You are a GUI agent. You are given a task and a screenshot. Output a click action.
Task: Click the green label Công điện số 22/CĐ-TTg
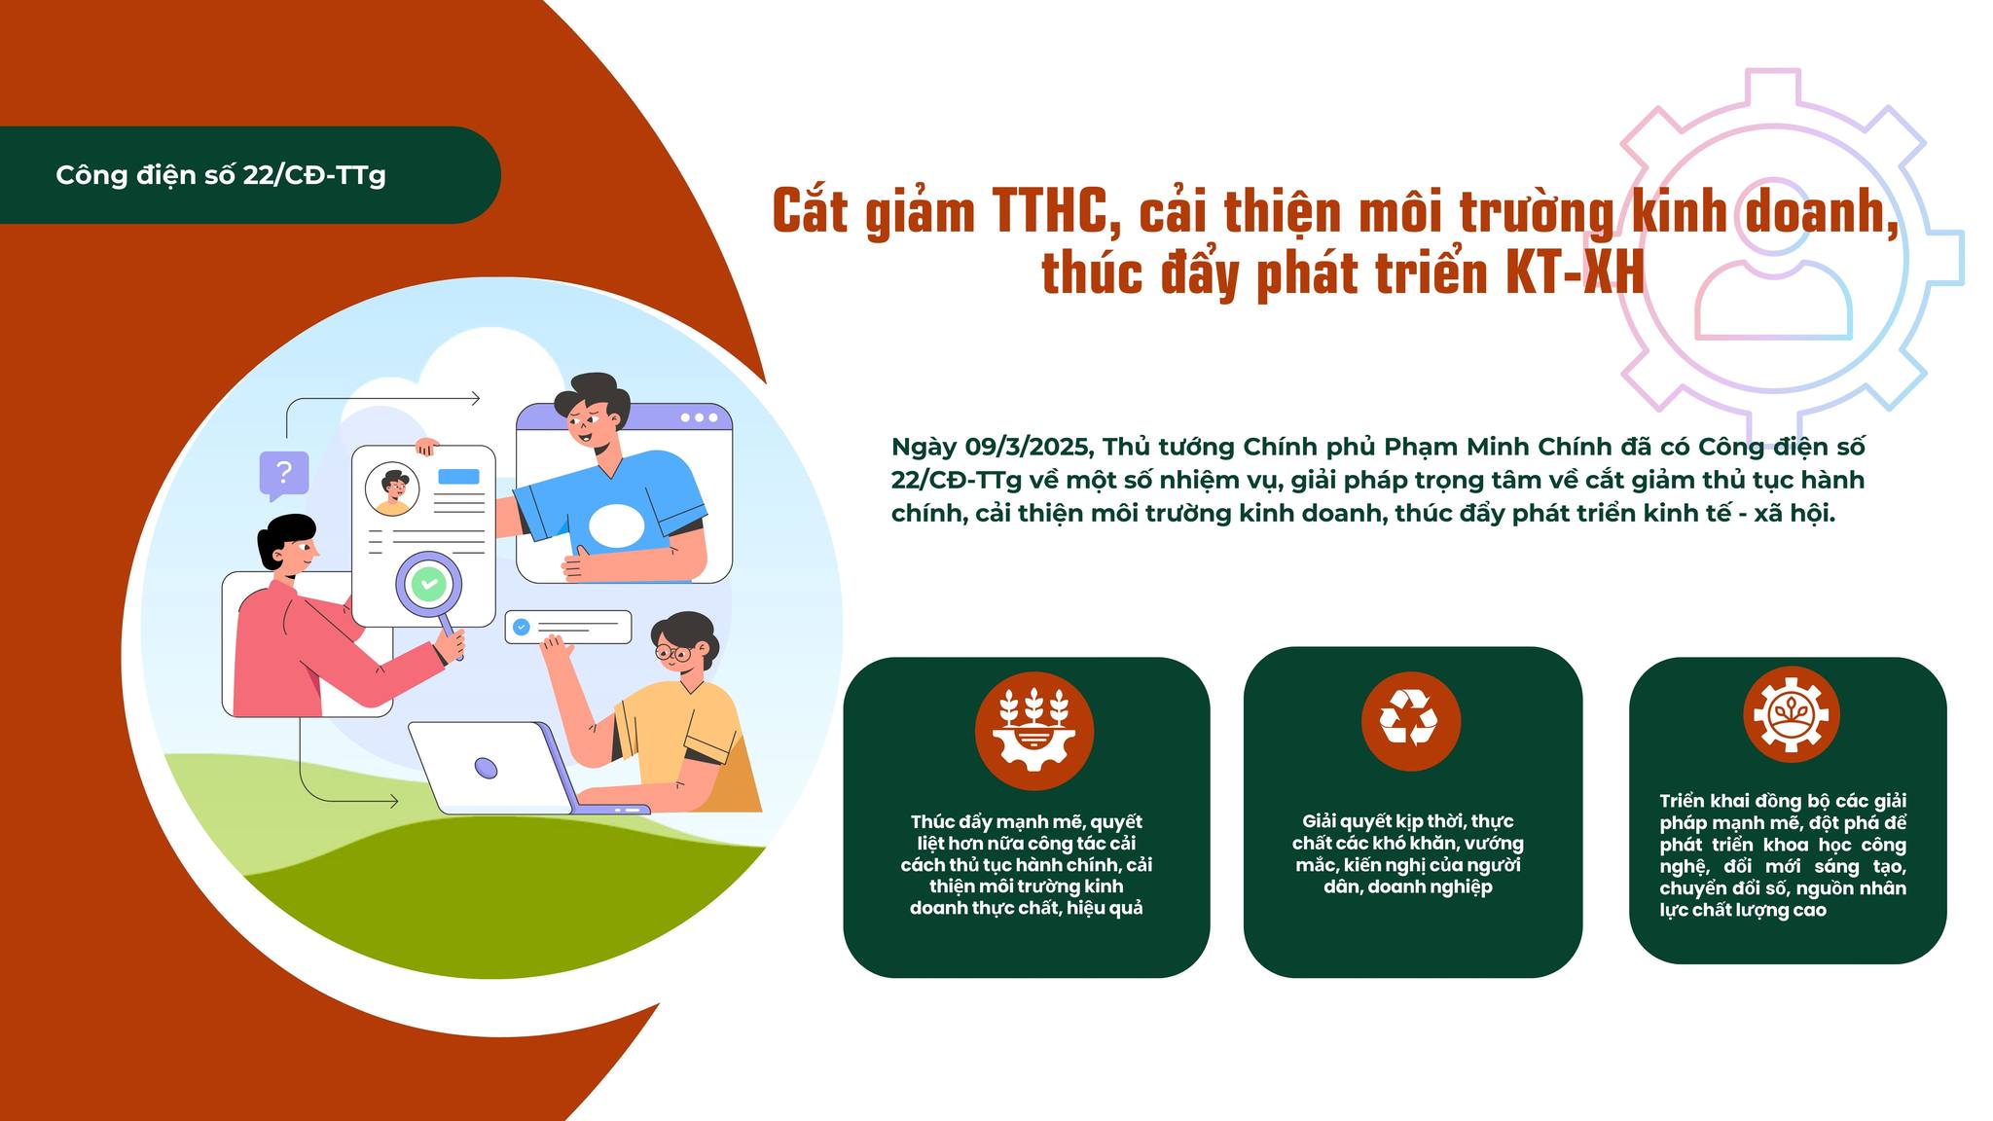pos(221,175)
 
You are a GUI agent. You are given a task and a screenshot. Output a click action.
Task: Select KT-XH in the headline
pos(1576,272)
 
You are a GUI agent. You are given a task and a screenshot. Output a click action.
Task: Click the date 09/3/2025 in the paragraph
pos(1030,447)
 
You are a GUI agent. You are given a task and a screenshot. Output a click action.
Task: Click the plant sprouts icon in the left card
pos(1034,730)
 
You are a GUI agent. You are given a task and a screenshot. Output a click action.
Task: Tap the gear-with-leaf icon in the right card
pos(1792,714)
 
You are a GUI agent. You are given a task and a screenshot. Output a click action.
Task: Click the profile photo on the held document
pos(393,488)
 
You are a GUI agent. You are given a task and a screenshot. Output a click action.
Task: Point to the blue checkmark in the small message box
pos(521,628)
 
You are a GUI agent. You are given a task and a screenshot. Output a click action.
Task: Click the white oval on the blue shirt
pos(615,525)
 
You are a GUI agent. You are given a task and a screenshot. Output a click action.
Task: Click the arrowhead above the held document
pos(474,398)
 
